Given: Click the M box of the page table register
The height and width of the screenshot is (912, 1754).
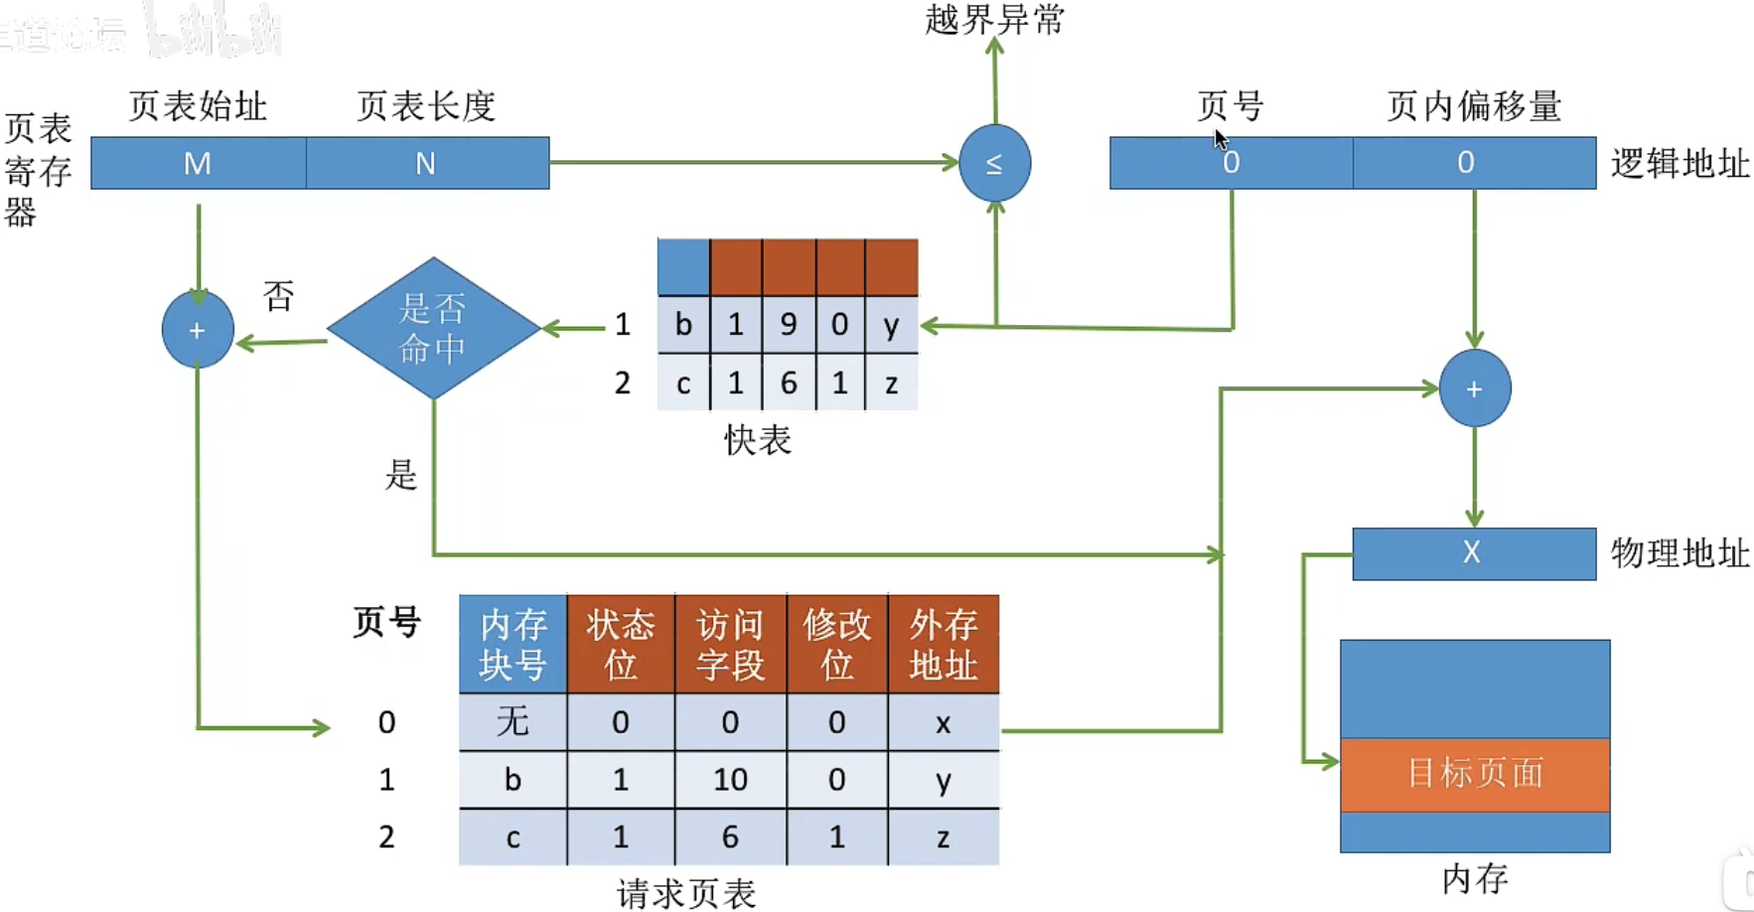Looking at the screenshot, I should point(198,163).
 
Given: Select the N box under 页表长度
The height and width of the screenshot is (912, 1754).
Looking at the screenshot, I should point(427,163).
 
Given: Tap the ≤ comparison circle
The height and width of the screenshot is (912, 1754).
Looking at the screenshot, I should point(994,163).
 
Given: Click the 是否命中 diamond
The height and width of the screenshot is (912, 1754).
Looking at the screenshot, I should point(433,328).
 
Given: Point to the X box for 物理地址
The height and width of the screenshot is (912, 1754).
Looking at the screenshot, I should point(1473,553).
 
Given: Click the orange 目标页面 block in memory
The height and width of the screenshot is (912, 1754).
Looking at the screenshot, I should point(1475,774).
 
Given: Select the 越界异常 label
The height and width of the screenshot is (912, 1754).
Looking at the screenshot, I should point(994,20).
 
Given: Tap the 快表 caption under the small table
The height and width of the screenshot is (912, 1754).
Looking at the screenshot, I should point(758,440).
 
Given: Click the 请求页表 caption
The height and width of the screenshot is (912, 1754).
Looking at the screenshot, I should point(686,893).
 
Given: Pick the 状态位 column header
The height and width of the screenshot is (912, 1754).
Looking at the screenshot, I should point(621,644).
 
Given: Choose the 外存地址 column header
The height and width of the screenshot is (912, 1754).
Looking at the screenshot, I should point(944,644).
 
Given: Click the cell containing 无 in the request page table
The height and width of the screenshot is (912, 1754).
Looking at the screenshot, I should point(512,721).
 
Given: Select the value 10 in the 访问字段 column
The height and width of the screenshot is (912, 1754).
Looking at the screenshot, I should point(730,780).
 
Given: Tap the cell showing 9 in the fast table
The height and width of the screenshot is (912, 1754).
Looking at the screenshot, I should point(789,325).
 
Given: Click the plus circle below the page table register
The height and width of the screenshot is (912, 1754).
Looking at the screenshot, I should point(198,330).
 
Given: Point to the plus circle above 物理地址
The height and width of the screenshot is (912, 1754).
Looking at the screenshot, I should point(1474,388).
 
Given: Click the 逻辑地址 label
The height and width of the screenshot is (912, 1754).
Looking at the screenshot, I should point(1680,164).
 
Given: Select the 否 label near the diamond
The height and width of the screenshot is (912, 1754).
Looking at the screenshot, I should point(279,295).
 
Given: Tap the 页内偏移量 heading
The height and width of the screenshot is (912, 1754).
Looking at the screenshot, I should point(1474,106).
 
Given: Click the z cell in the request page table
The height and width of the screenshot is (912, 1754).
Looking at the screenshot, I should point(944,837).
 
